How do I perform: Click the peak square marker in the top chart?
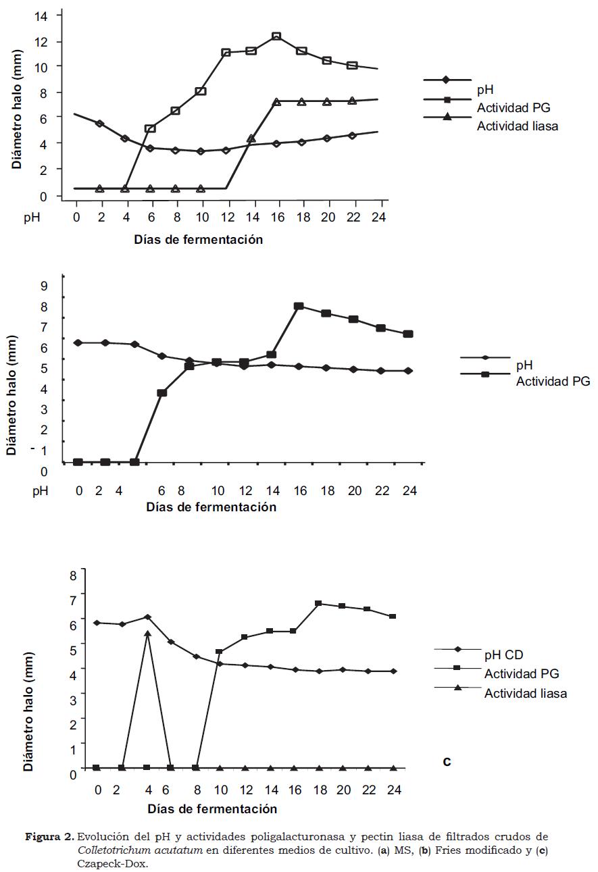[x=276, y=36]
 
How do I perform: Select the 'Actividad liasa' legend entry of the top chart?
[x=518, y=126]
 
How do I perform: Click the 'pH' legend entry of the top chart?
[x=484, y=89]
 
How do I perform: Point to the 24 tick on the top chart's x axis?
[x=380, y=218]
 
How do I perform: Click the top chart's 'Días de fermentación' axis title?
[x=198, y=239]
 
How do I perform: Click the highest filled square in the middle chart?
[x=299, y=307]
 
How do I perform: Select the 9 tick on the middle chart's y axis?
[x=44, y=286]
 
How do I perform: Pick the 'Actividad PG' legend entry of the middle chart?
[x=553, y=382]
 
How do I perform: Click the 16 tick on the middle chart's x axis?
[x=299, y=491]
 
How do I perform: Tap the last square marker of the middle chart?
[x=408, y=334]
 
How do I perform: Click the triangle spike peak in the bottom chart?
[x=147, y=634]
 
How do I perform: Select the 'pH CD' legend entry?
[x=503, y=655]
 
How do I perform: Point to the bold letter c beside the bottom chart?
[x=447, y=762]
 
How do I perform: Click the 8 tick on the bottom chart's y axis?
[x=72, y=575]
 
